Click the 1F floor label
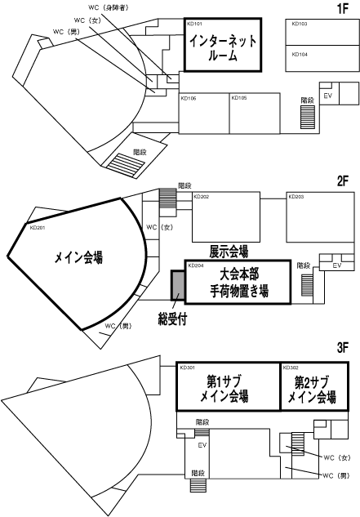[343, 8]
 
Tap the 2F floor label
[343, 181]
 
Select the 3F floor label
[343, 348]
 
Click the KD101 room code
[194, 24]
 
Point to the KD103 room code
[300, 24]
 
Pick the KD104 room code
[300, 55]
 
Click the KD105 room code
[239, 98]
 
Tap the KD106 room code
[189, 98]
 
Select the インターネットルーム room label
[223, 48]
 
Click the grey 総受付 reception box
[178, 285]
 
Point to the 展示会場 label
[229, 252]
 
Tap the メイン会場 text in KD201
[78, 257]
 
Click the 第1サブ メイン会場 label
[224, 389]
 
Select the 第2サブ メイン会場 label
[312, 390]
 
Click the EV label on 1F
[327, 96]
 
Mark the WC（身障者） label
[109, 7]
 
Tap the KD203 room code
[296, 197]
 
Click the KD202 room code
[202, 197]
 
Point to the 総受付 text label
[172, 319]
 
